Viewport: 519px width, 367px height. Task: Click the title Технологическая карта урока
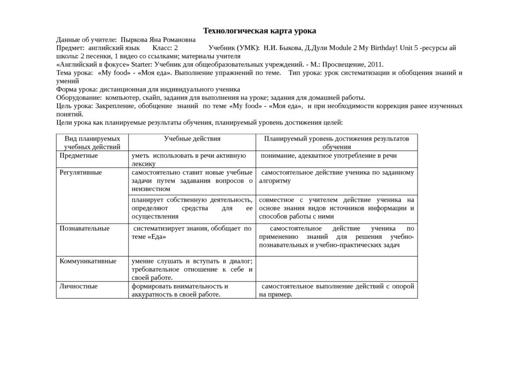click(x=259, y=31)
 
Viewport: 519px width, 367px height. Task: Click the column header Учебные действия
click(x=192, y=139)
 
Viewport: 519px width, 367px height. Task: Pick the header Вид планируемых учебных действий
click(x=92, y=142)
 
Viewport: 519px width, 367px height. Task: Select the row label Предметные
click(x=79, y=156)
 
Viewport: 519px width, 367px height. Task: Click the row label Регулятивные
click(x=81, y=172)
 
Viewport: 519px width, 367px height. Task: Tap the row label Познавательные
click(x=85, y=228)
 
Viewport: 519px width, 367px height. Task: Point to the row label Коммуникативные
click(x=88, y=261)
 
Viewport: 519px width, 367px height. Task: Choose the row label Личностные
click(x=79, y=286)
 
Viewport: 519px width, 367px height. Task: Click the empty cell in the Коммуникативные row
click(x=336, y=269)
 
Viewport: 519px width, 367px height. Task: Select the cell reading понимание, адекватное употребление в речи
click(x=329, y=156)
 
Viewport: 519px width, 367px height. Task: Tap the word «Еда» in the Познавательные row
click(x=157, y=237)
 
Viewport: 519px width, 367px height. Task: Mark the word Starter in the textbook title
click(x=141, y=64)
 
